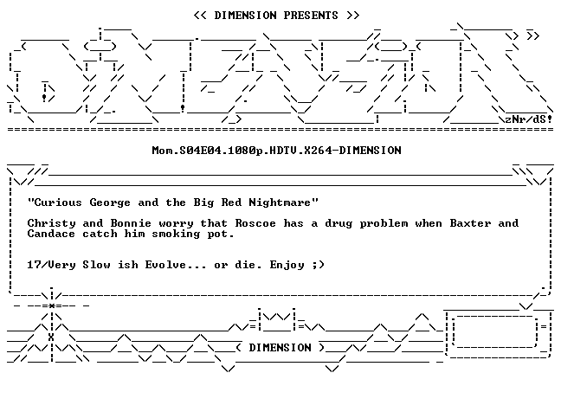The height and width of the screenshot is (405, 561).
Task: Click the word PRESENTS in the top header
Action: coord(311,16)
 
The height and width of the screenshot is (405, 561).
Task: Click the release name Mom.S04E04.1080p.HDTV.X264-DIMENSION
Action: coord(276,151)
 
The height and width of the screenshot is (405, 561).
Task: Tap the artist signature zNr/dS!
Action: coord(529,119)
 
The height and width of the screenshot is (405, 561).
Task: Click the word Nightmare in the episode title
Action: coord(280,202)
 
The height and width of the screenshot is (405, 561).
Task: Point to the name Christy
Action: coord(52,223)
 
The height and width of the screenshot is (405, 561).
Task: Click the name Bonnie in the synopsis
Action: coord(131,223)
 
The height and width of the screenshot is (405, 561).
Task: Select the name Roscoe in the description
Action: coord(255,223)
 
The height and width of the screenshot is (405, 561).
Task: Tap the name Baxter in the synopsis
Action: coord(470,223)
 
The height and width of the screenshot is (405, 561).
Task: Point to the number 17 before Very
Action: coord(35,265)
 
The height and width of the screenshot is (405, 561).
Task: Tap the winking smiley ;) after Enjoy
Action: coord(318,265)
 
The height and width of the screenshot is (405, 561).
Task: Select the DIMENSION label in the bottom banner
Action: coord(280,348)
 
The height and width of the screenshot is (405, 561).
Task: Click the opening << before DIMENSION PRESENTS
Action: coord(200,16)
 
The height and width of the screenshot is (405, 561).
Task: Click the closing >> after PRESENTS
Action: coord(352,16)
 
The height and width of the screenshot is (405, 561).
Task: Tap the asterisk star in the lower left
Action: coord(52,305)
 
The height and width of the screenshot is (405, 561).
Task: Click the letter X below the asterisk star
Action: coord(51,337)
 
